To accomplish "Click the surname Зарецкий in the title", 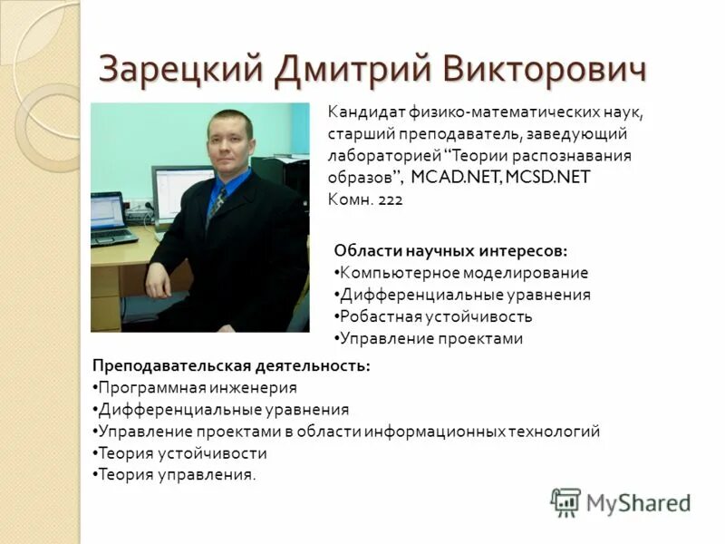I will pyautogui.click(x=178, y=69).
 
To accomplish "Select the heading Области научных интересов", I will pyautogui.click(x=450, y=250).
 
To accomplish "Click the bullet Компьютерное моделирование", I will pyautogui.click(x=462, y=272).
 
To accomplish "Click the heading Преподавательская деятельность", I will pyautogui.click(x=230, y=365).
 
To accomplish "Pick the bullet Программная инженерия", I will pyautogui.click(x=197, y=387).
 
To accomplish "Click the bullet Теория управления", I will pyautogui.click(x=176, y=474).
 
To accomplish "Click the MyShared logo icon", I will pyautogui.click(x=565, y=501).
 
